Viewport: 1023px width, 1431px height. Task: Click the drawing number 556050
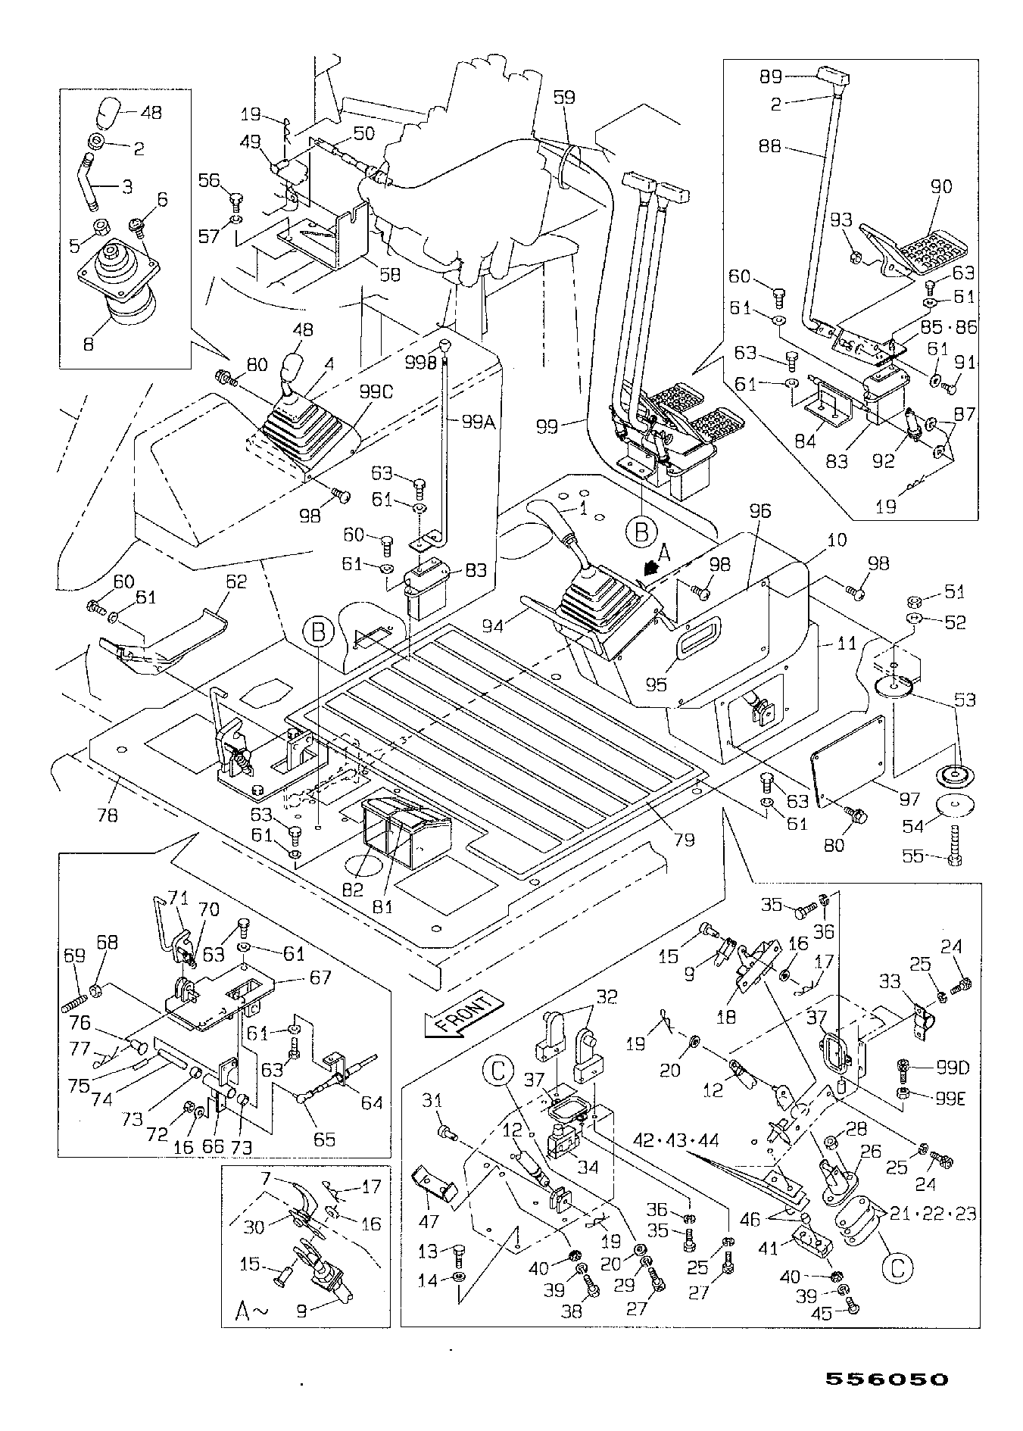click(885, 1380)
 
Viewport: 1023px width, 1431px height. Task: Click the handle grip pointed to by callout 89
click(834, 77)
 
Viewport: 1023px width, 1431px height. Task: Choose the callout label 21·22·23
click(934, 1213)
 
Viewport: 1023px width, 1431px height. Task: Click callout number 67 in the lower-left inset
click(320, 977)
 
